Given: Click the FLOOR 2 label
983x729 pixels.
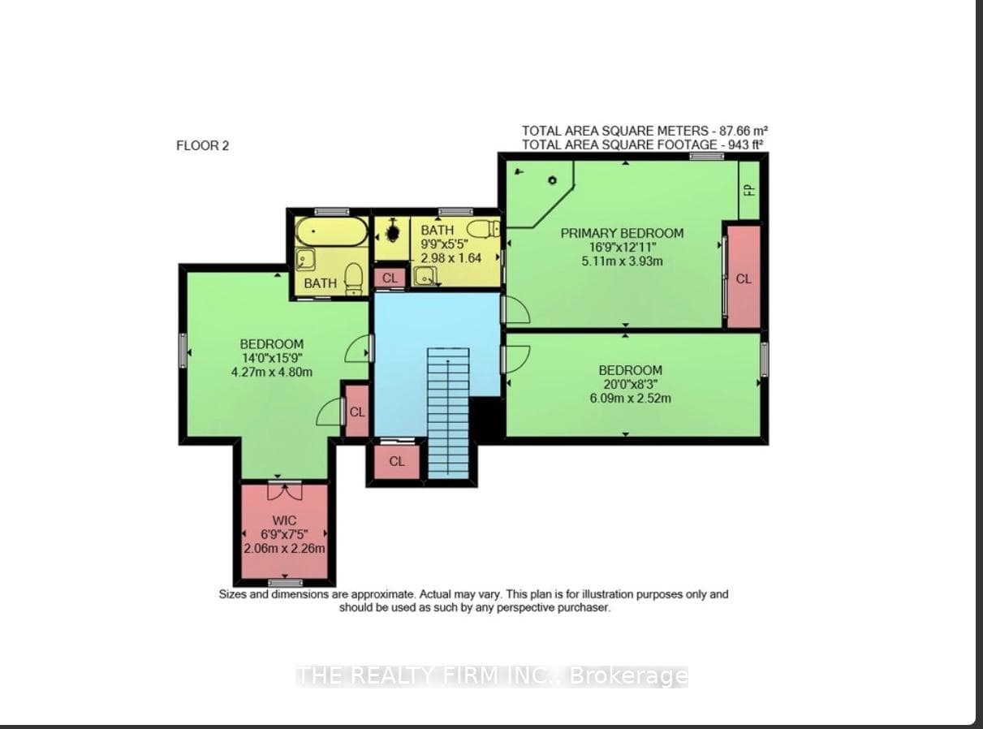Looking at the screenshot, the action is (x=203, y=145).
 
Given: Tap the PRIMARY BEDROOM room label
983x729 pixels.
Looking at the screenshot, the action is (x=622, y=233).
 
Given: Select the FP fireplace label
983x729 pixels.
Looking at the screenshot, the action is (x=749, y=190).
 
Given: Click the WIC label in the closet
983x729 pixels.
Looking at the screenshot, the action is (x=284, y=520).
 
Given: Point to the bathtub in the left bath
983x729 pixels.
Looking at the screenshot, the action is (x=331, y=231).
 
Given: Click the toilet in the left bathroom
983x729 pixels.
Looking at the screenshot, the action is (x=354, y=278).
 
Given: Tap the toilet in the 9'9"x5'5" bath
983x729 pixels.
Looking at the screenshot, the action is (x=484, y=229).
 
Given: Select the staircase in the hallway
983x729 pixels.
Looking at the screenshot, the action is (x=448, y=413).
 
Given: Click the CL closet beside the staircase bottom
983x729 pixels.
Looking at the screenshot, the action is (x=397, y=462).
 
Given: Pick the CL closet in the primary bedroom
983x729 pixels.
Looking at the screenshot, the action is (x=744, y=278).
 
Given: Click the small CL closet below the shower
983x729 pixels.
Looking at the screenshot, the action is (x=390, y=278).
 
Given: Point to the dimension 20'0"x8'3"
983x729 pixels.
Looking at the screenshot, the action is (x=630, y=384).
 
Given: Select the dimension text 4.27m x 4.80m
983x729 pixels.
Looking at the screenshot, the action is (x=272, y=372).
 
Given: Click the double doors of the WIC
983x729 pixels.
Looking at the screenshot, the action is (x=285, y=491).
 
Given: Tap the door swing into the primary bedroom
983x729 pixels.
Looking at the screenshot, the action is (x=517, y=309).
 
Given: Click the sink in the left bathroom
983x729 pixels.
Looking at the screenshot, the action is (x=306, y=260).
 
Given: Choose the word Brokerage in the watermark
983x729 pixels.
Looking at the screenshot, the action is (x=628, y=675).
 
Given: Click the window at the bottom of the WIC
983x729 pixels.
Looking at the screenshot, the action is (x=286, y=582).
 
